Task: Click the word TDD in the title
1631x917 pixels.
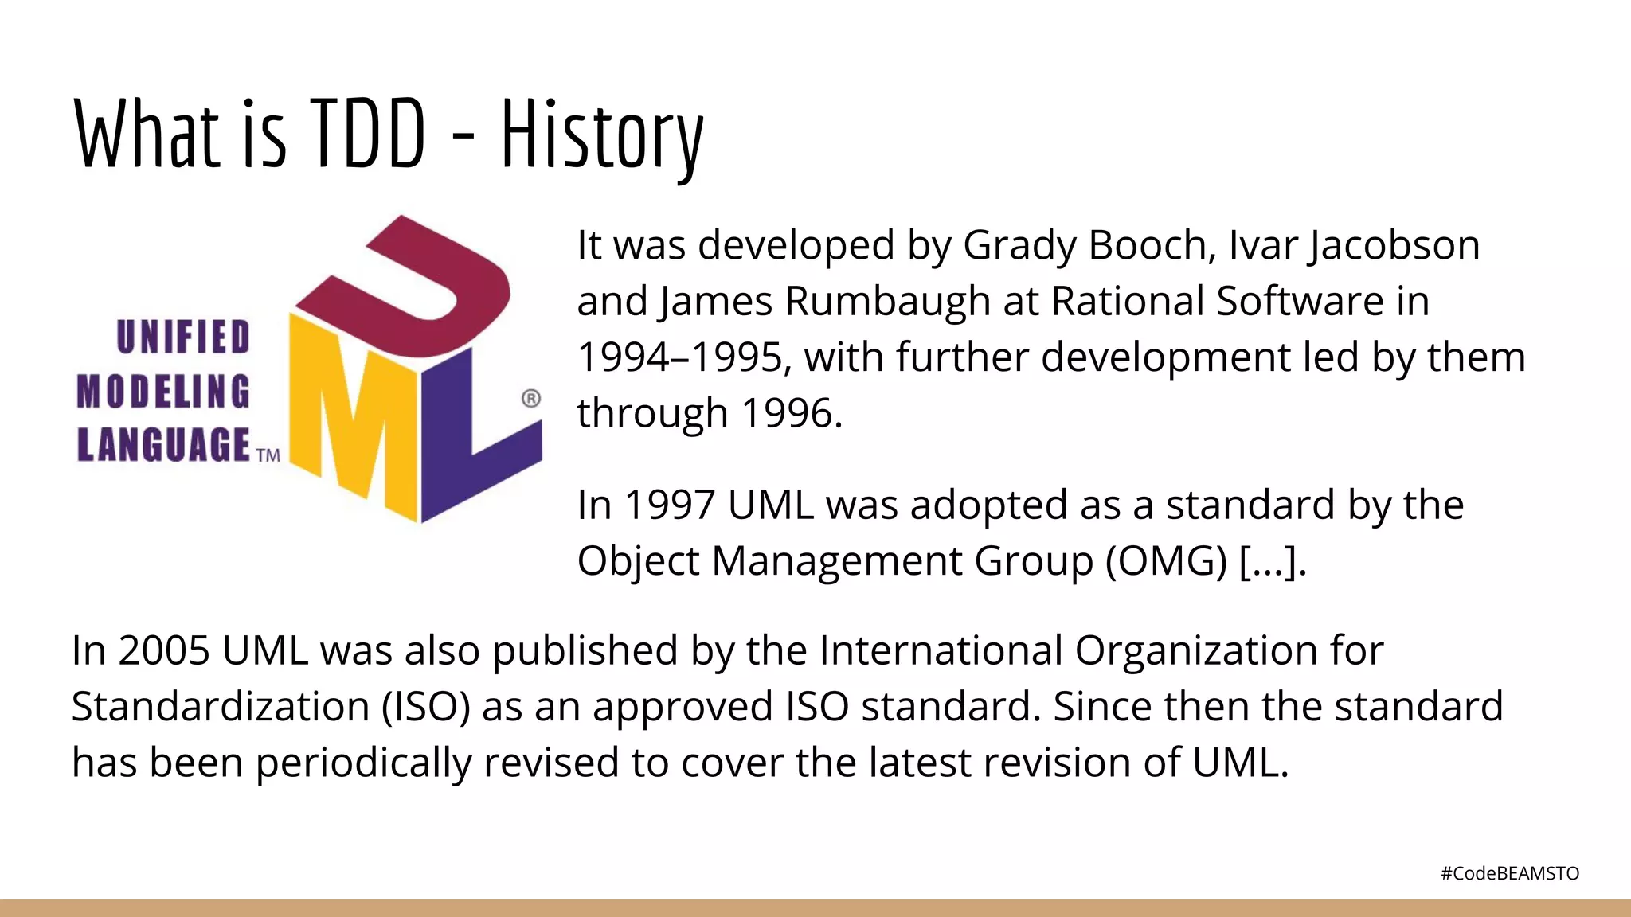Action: click(367, 134)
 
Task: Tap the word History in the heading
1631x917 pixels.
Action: click(602, 135)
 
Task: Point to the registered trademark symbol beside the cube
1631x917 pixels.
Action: click(531, 398)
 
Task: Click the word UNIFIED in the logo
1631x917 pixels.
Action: click(183, 337)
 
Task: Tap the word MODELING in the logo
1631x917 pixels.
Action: click(163, 392)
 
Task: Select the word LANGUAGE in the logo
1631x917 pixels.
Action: click(164, 444)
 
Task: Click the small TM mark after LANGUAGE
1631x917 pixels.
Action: click(268, 455)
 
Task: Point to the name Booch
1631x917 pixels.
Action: click(1152, 245)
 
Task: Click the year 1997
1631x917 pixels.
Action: click(670, 505)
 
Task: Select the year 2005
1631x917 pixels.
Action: click(164, 650)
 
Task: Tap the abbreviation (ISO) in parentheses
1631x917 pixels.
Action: click(426, 707)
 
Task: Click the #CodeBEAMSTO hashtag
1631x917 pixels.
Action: click(1510, 873)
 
